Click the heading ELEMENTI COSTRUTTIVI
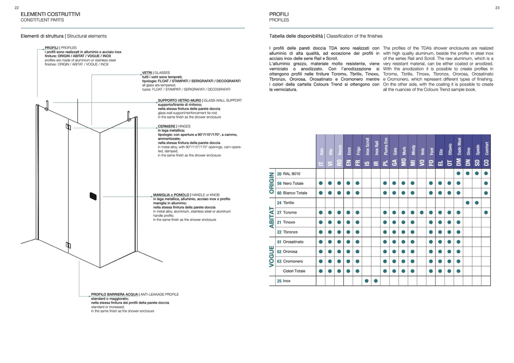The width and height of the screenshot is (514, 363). [50, 14]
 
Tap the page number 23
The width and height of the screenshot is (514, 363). [497, 8]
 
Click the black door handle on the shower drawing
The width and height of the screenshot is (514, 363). [93, 196]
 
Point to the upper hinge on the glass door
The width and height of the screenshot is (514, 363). [69, 127]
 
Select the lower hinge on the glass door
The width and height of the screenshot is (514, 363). [69, 245]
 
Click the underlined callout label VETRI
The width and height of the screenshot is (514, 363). [147, 73]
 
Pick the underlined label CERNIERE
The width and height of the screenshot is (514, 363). [167, 126]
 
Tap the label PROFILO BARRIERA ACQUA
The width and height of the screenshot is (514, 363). [114, 294]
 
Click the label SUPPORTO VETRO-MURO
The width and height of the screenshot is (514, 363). [180, 101]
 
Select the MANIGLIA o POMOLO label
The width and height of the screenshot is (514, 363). [171, 195]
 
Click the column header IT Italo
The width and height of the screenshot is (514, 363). [321, 151]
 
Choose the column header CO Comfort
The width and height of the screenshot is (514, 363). [486, 151]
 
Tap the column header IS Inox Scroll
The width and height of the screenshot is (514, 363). [367, 151]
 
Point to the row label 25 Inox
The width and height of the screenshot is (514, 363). [284, 281]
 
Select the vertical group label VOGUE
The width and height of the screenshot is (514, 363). [271, 256]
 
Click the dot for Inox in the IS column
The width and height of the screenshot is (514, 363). [367, 281]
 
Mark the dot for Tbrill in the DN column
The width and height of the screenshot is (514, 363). [468, 203]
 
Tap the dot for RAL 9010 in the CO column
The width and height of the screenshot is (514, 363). [486, 174]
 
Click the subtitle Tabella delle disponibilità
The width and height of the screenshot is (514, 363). [296, 36]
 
